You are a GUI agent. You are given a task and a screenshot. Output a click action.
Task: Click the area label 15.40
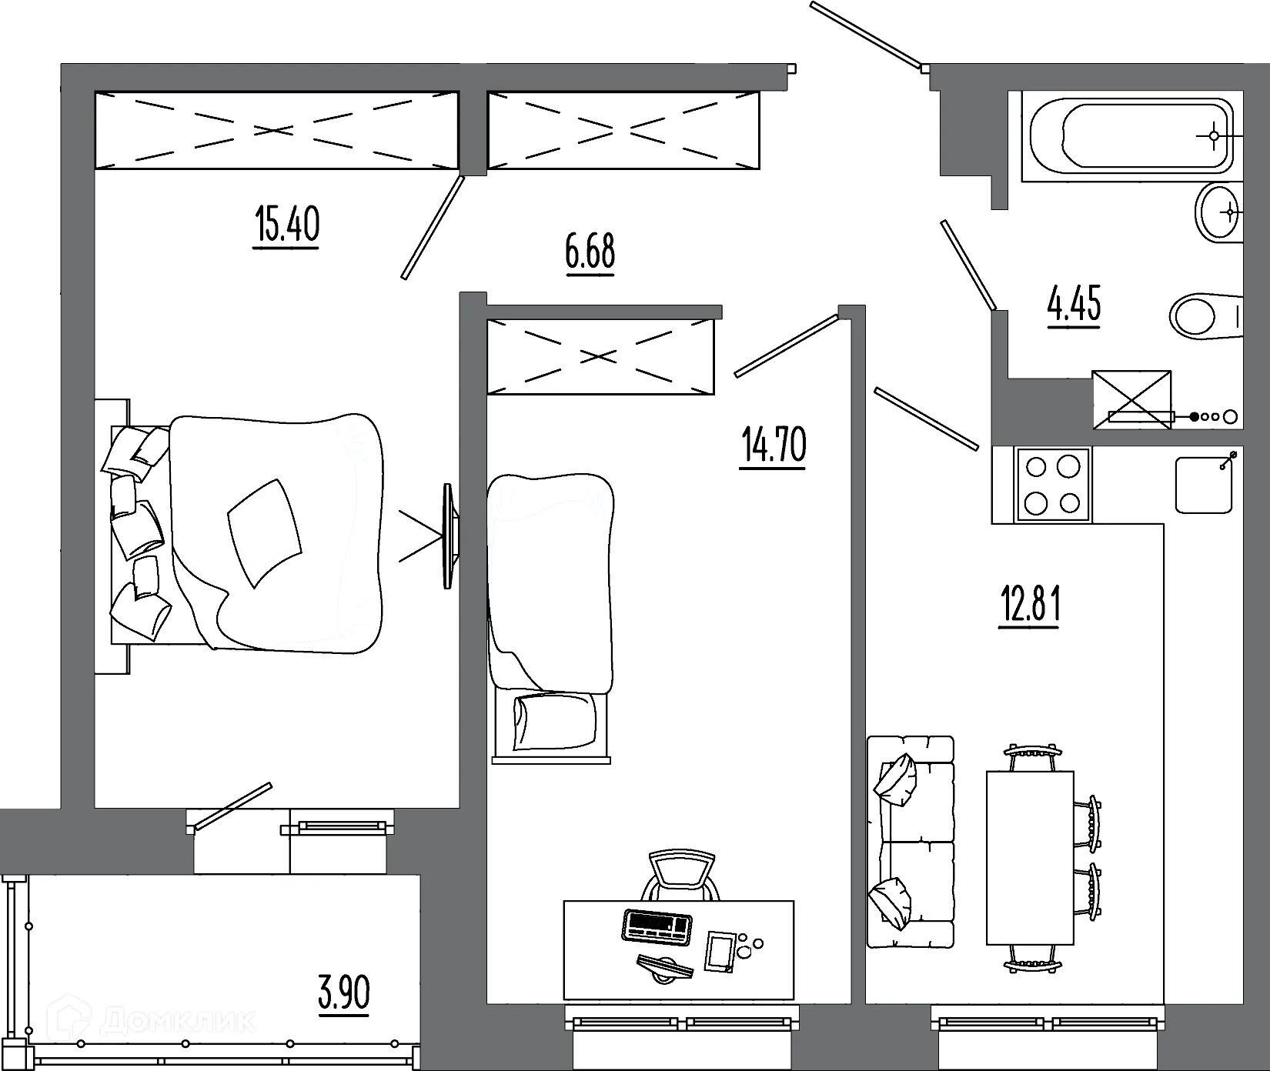(286, 225)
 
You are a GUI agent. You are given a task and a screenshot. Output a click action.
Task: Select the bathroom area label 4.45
(1074, 304)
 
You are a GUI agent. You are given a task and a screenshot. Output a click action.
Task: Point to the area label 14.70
(773, 445)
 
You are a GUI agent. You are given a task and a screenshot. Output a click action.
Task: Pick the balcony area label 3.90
(344, 993)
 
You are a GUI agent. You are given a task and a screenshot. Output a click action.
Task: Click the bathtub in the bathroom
(1131, 135)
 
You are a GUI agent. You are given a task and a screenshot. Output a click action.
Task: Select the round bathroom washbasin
(1218, 212)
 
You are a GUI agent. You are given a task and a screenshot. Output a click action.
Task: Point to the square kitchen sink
(1204, 484)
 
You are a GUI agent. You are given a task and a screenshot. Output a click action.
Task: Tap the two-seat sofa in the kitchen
(910, 842)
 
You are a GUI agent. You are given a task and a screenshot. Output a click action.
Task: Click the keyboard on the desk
(655, 925)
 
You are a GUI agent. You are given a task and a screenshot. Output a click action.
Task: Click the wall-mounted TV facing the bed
(448, 535)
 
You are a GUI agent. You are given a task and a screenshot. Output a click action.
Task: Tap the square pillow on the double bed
(265, 532)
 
